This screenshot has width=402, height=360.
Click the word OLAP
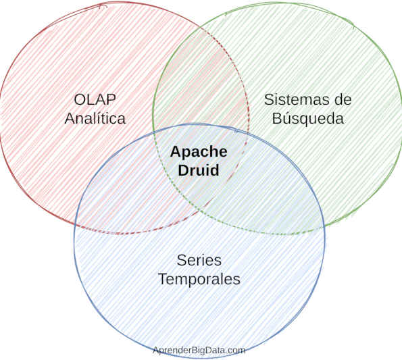pos(95,100)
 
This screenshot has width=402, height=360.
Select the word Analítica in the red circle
pos(95,118)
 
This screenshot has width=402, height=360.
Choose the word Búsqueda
pos(307,118)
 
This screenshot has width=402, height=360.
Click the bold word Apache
pos(198,152)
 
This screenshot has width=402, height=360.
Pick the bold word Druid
pos(198,170)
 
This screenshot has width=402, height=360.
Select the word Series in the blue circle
pos(199,260)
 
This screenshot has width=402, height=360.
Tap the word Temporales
pos(199,278)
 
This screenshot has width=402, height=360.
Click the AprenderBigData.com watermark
pos(199,350)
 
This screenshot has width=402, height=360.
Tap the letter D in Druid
pos(183,170)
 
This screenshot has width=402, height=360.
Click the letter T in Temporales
pos(162,278)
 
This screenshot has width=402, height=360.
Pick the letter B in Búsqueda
pos(276,118)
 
